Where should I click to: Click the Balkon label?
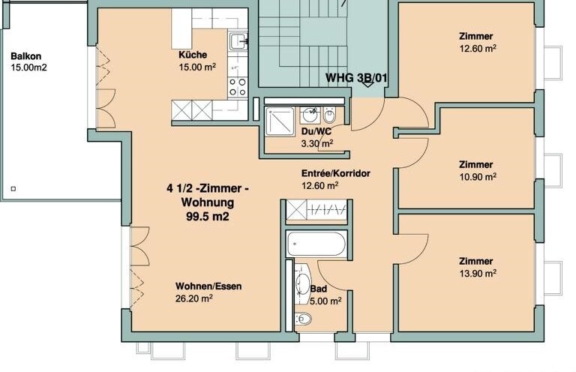click(25, 56)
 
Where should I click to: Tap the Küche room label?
click(193, 55)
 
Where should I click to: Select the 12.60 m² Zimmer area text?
click(478, 49)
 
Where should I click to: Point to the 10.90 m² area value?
click(478, 177)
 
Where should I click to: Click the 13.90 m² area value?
click(478, 274)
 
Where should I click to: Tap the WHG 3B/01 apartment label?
click(356, 78)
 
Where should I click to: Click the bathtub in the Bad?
click(316, 244)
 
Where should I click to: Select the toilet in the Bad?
click(304, 319)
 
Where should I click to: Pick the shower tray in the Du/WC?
click(280, 121)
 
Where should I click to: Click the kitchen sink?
click(238, 41)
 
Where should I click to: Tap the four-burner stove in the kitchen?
click(238, 88)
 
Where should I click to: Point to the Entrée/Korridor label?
click(336, 173)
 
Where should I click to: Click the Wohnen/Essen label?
click(208, 286)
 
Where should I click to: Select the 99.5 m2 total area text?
click(208, 217)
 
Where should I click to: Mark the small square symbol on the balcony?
click(13, 189)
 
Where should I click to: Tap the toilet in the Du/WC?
click(328, 115)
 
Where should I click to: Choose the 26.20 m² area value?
click(194, 298)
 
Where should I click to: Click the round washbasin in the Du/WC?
click(310, 115)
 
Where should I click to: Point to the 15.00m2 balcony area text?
click(28, 67)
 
